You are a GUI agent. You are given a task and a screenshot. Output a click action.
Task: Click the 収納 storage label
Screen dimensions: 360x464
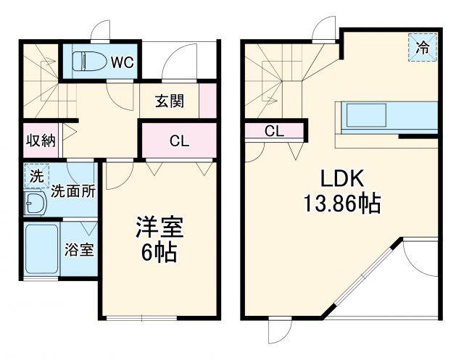click(x=41, y=141)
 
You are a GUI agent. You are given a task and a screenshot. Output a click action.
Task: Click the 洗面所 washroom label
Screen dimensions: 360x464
click(x=72, y=192)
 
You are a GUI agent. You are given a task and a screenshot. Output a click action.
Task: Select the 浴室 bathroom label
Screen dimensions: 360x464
click(x=79, y=251)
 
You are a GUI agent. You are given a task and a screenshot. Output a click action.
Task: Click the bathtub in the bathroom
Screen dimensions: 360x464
click(x=41, y=249)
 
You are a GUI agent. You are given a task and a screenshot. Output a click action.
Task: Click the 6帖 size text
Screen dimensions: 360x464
click(x=159, y=255)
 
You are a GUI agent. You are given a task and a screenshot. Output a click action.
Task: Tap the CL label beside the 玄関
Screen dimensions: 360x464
click(x=179, y=141)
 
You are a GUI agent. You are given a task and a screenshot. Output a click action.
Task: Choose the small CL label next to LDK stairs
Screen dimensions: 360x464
click(x=273, y=131)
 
